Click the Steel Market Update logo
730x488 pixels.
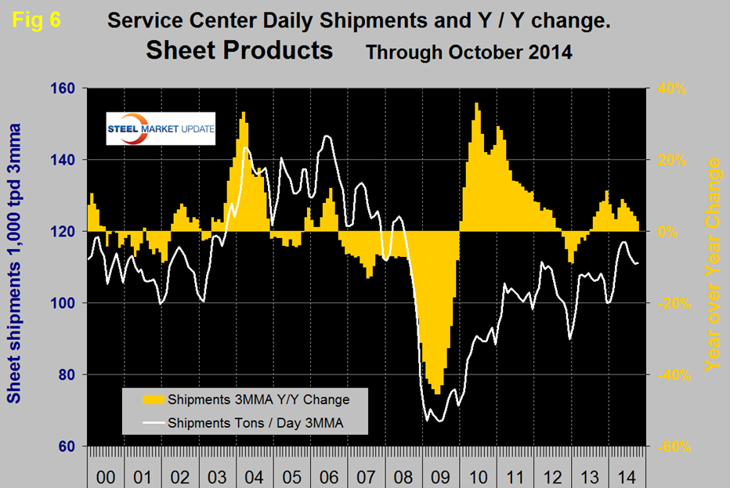tap(161, 130)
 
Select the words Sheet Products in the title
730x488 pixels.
tap(239, 50)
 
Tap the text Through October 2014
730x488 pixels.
tap(470, 53)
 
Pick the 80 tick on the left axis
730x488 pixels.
tap(66, 375)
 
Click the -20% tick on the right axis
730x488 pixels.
tap(667, 304)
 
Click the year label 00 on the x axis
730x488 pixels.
tap(105, 475)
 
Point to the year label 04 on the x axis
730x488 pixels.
tap(252, 475)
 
